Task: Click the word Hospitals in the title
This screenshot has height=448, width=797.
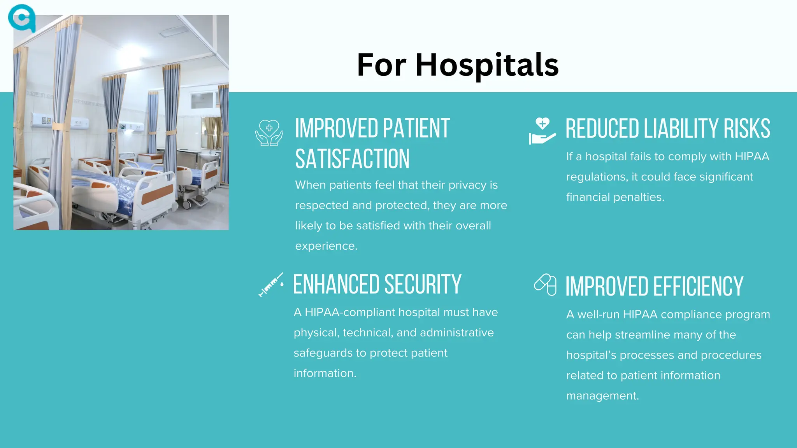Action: point(487,65)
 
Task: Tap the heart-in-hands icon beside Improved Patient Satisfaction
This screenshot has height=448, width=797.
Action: point(269,133)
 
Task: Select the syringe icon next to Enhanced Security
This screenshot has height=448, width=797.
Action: point(271,285)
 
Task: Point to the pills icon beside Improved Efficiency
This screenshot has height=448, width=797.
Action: point(545,285)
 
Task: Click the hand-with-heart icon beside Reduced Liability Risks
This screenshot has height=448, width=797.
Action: point(542,131)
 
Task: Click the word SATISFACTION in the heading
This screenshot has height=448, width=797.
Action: point(352,159)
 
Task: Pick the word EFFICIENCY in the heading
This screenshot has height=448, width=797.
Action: point(698,287)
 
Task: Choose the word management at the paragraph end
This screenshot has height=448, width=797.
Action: point(602,396)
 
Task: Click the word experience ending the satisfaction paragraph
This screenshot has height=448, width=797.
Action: point(326,246)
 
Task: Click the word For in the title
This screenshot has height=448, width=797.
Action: point(381,65)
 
